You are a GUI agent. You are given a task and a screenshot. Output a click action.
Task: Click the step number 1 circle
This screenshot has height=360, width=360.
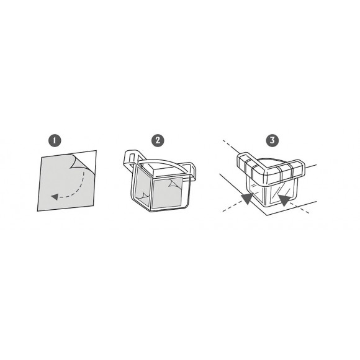(55, 140)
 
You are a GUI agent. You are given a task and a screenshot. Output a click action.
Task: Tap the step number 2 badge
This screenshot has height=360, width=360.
(158, 140)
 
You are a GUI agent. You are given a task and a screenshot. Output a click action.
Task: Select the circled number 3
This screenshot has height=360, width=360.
(272, 140)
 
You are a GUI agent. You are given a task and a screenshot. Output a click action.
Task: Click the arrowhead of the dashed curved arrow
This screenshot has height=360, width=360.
(55, 197)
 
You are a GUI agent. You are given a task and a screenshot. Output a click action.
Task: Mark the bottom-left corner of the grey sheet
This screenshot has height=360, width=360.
(38, 211)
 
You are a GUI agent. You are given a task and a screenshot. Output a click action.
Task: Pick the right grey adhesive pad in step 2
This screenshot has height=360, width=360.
(168, 192)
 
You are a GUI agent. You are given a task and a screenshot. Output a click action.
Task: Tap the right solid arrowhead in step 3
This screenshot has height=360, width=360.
(284, 199)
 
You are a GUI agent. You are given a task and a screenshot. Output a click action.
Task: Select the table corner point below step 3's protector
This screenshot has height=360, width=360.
(267, 215)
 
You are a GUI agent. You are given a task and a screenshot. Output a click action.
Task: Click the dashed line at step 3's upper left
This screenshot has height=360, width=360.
(231, 147)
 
